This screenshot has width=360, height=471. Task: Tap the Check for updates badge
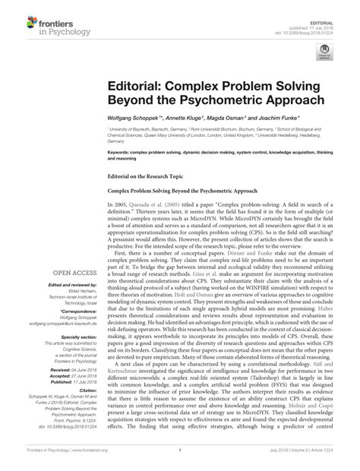tap(327, 52)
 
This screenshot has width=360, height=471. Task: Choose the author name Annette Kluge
tap(185, 120)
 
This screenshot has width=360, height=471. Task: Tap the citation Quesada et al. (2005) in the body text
tap(159, 205)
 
